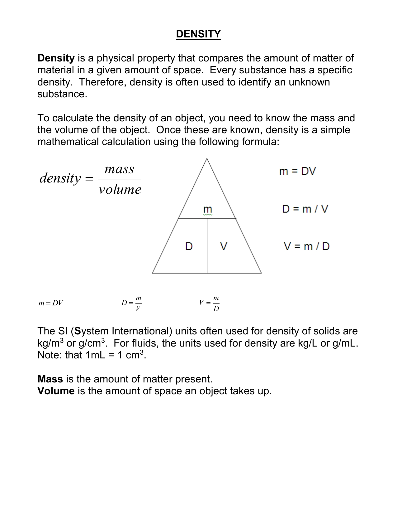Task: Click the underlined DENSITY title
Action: pos(198,34)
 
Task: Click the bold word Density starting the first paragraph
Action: pos(56,58)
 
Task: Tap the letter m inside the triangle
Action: pos(207,209)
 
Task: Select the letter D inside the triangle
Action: pos(189,246)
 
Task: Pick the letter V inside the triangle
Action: pos(224,246)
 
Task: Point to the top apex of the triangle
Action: pos(207,159)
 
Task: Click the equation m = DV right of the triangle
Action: pos(297,171)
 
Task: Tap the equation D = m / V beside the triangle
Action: pos(305,209)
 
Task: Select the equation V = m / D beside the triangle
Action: pos(306,246)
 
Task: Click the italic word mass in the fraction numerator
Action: pos(119,169)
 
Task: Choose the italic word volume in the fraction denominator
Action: pos(120,189)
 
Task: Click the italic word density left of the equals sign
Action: pos(60,178)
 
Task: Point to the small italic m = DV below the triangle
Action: pos(51,303)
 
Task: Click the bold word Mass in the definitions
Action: pos(50,379)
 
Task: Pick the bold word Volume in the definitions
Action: pos(56,391)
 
